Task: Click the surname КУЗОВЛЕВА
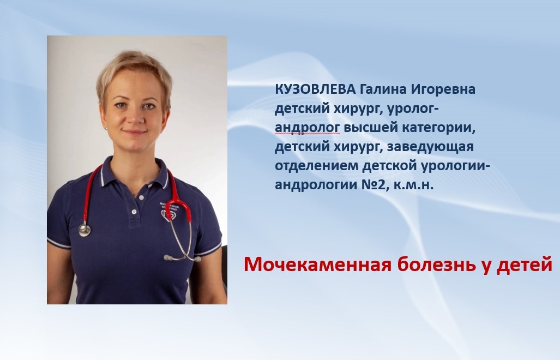(x=315, y=89)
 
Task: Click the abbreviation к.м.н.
(x=413, y=185)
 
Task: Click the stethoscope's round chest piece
(x=85, y=230)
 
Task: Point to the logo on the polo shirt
(x=167, y=211)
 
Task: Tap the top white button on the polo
(x=141, y=197)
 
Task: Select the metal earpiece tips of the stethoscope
(x=182, y=258)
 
